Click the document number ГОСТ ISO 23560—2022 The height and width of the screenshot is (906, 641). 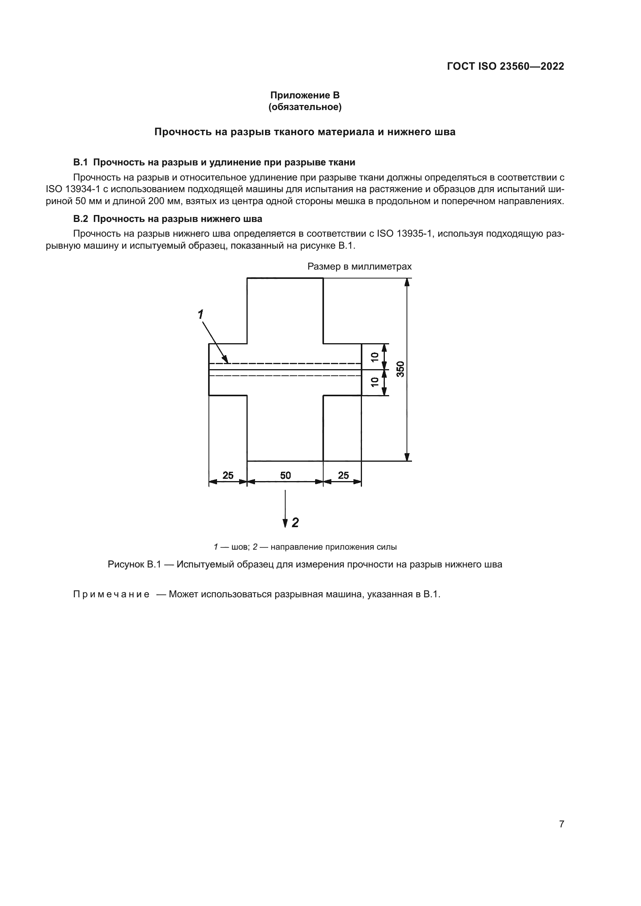click(505, 66)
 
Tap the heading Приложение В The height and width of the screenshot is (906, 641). click(305, 95)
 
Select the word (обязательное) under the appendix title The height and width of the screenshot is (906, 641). click(305, 107)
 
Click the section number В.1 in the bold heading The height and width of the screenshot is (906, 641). click(81, 162)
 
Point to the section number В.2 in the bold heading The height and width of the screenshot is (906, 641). click(81, 218)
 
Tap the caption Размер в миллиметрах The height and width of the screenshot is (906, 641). click(359, 266)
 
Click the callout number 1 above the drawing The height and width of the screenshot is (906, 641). click(200, 315)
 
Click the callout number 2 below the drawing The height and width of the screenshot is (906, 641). click(295, 523)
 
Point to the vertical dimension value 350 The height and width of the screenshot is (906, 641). click(400, 369)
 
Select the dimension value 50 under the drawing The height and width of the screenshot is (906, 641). click(285, 476)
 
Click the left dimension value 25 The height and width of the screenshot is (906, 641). click(228, 476)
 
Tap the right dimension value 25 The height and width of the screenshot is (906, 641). click(343, 476)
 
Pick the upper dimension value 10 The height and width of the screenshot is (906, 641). click(375, 356)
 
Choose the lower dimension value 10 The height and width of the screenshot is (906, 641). click(375, 382)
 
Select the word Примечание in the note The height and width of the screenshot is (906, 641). click(111, 594)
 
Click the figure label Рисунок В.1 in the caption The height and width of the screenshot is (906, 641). click(134, 564)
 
